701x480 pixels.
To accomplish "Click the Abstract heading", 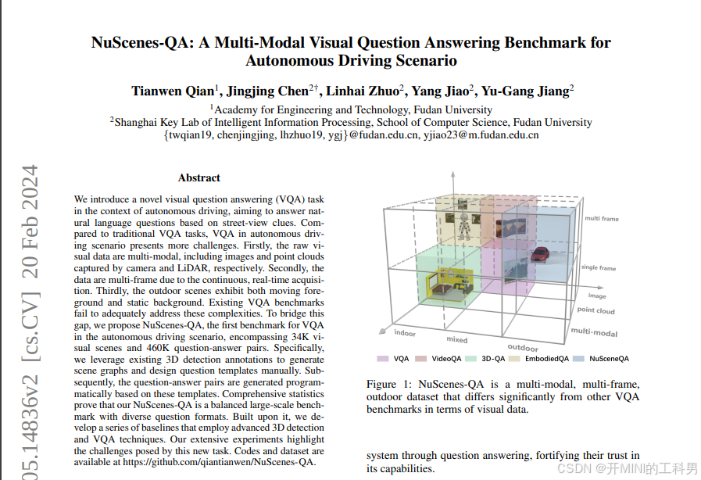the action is point(198,177).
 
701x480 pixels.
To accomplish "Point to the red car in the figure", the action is point(539,254).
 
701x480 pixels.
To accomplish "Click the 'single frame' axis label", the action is point(599,268).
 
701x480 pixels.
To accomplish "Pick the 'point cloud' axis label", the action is point(595,310).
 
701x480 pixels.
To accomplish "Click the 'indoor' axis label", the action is point(405,333).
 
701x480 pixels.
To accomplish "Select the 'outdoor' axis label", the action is point(523,347).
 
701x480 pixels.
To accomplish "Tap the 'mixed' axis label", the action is point(457,340).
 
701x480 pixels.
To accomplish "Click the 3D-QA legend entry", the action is point(488,359).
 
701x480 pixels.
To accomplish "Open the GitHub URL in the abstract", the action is point(218,462).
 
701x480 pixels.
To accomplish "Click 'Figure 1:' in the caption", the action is point(389,384).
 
